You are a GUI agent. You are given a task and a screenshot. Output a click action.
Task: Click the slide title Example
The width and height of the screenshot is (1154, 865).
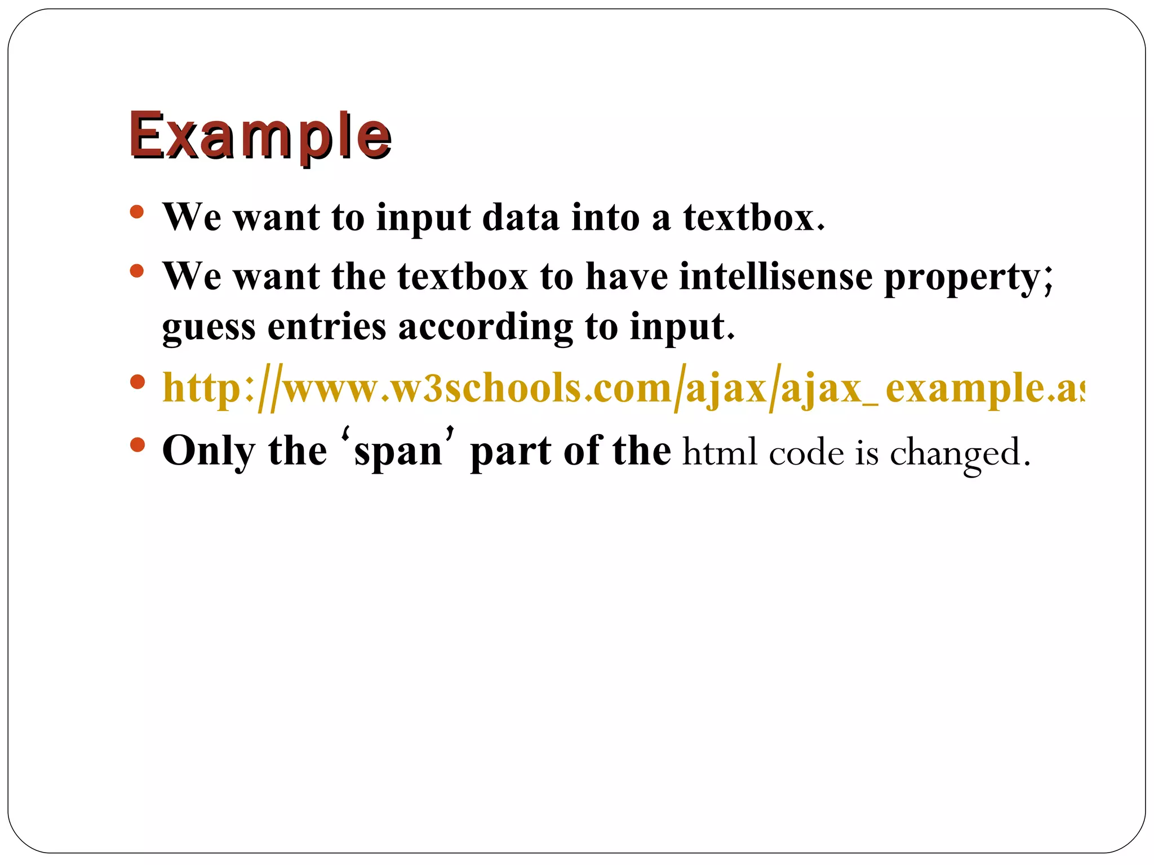(260, 136)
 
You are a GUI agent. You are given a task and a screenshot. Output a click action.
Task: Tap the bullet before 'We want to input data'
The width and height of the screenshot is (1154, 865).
(136, 212)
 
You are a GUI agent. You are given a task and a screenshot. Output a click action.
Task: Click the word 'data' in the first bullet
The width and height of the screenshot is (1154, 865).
(521, 217)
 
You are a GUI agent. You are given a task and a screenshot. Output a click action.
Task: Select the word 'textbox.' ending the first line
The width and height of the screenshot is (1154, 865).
(754, 217)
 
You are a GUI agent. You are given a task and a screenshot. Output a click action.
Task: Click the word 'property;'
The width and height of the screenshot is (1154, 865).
(968, 278)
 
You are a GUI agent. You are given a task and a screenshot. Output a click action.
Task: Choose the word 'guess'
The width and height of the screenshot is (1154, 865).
(208, 328)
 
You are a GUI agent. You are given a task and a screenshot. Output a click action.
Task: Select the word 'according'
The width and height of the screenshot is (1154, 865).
(485, 328)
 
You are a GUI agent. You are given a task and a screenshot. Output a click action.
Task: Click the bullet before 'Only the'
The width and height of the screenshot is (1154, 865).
(136, 446)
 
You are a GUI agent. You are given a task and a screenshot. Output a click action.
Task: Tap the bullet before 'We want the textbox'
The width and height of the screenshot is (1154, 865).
(136, 271)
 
